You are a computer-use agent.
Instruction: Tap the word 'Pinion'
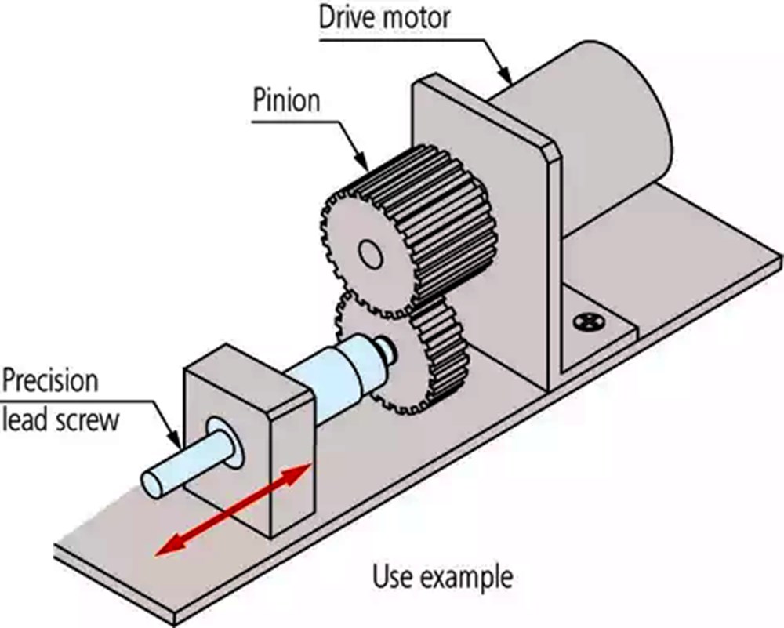pyautogui.click(x=286, y=100)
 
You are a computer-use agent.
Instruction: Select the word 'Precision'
pyautogui.click(x=50, y=382)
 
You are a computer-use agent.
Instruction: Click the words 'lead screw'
pyautogui.click(x=61, y=420)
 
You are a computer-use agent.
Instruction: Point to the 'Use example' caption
pyautogui.click(x=443, y=578)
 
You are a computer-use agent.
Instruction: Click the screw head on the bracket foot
pyautogui.click(x=589, y=321)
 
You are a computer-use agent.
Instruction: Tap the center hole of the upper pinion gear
pyautogui.click(x=371, y=255)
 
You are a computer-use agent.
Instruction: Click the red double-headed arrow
pyautogui.click(x=233, y=509)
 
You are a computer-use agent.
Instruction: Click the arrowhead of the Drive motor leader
pyautogui.click(x=506, y=77)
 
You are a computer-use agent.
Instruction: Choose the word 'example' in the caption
pyautogui.click(x=463, y=579)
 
